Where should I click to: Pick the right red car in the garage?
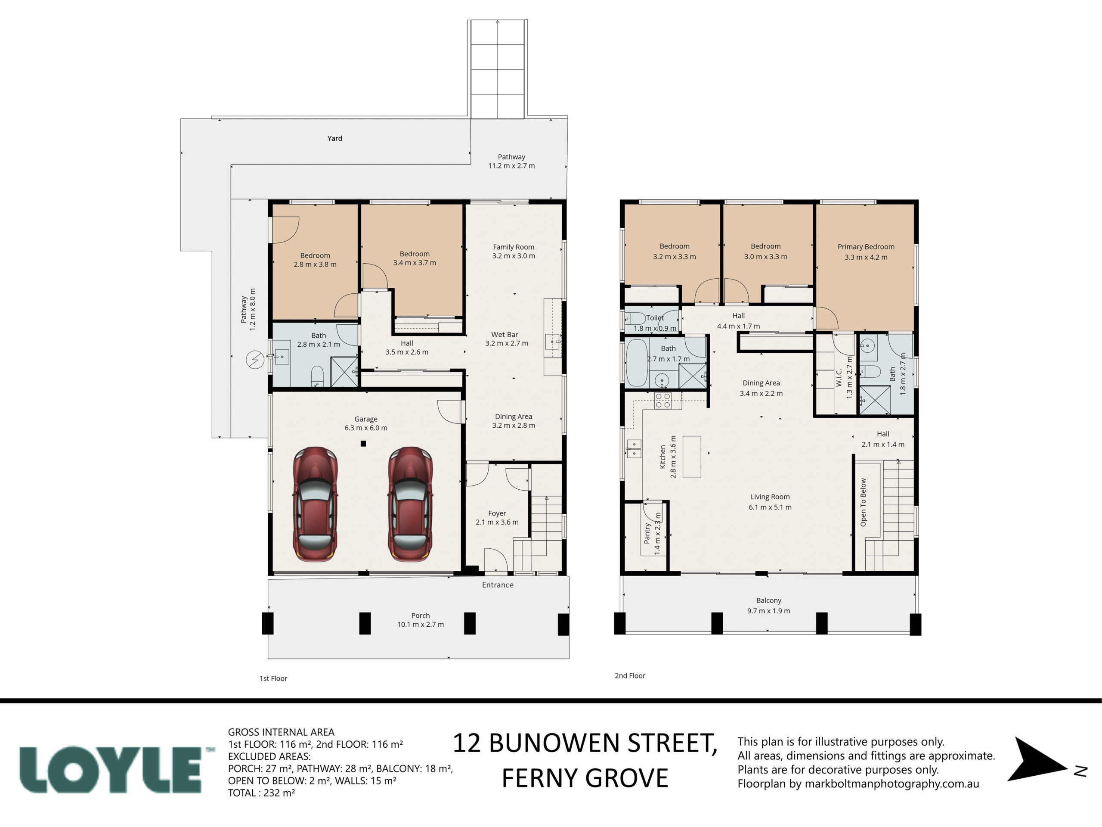(x=410, y=504)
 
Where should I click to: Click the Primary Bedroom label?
(x=866, y=247)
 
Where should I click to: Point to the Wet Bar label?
(x=505, y=335)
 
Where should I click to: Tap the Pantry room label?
(x=647, y=533)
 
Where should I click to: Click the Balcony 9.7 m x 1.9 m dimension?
(x=769, y=611)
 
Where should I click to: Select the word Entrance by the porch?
(x=498, y=585)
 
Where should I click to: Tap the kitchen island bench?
(x=691, y=457)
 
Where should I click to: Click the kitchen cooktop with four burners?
(x=662, y=401)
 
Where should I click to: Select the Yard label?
(x=335, y=138)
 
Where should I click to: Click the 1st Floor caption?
(x=273, y=678)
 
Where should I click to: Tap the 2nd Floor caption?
(x=630, y=675)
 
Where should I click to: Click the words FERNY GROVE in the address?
(x=585, y=778)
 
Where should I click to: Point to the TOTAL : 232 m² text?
(x=262, y=793)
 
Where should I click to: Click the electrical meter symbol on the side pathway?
(x=255, y=359)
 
